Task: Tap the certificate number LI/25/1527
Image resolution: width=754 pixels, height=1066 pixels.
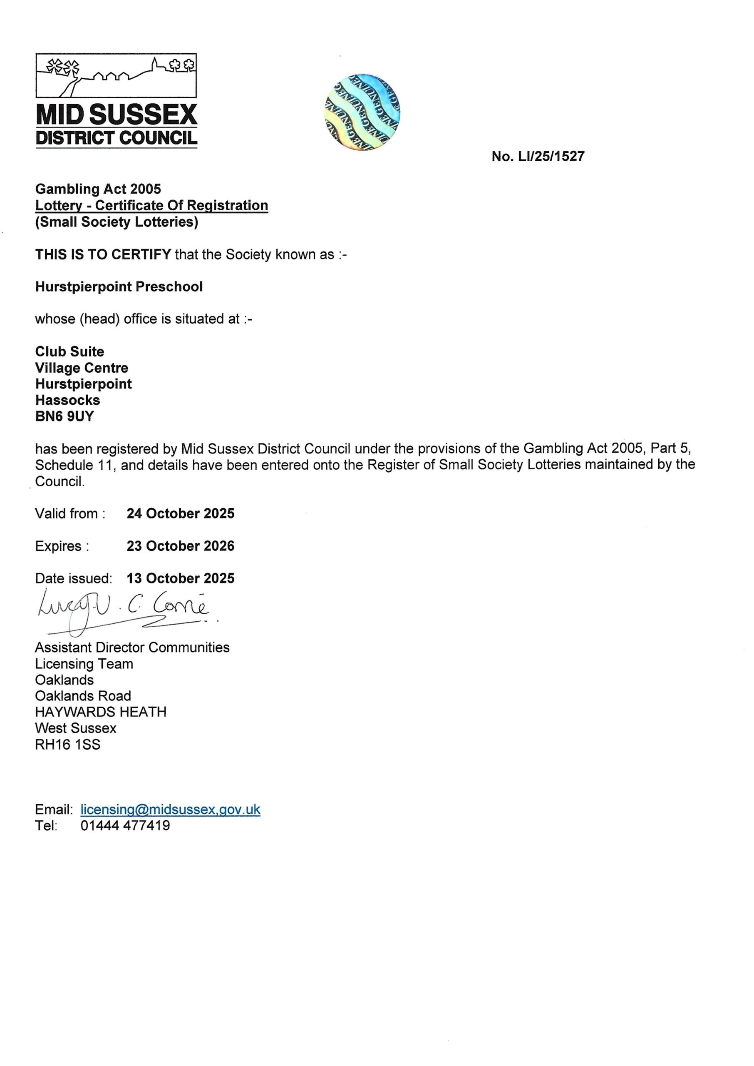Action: coord(538,156)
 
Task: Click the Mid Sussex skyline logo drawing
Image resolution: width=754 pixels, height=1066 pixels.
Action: coord(116,75)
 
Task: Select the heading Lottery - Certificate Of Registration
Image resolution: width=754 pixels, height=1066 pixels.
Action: coord(151,205)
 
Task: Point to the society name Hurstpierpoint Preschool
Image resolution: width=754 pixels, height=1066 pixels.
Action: coord(119,286)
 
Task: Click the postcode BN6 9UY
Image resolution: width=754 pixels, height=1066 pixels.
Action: coord(64,416)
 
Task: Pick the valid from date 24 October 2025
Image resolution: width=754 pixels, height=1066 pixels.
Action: coord(181,513)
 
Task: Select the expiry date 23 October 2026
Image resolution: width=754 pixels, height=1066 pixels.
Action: coord(181,546)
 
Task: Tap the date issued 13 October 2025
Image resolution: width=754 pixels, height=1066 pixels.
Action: coord(181,578)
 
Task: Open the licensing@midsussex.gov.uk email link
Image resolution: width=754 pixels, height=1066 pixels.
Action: coord(170,809)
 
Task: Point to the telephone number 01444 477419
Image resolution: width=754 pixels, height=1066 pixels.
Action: coord(125,825)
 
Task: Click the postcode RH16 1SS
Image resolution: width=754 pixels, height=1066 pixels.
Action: coord(68,745)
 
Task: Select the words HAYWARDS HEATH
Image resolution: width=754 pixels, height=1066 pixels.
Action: coord(101,712)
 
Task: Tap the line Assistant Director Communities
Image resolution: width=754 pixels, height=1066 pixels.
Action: coord(132,648)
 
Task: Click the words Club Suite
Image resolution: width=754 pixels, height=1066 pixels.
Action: coord(69,351)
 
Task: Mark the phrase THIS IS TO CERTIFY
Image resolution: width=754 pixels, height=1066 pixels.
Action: coord(103,254)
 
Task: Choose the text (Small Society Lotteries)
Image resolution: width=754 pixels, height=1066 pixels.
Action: coord(117,222)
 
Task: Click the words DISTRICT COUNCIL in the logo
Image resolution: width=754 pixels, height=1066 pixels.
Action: coord(117,138)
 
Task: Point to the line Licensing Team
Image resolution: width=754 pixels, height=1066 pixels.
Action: coord(84,664)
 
